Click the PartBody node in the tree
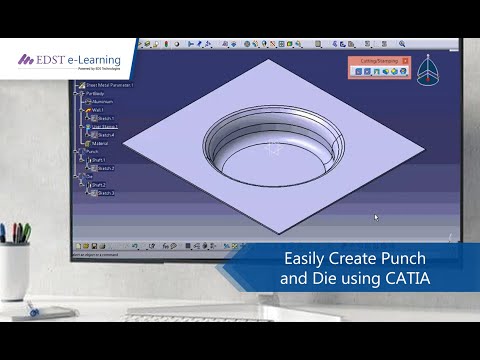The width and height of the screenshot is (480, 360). tap(96, 94)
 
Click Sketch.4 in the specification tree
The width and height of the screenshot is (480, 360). tap(104, 134)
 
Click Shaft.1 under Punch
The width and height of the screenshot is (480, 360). tap(99, 160)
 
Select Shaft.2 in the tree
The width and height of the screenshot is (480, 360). tap(99, 185)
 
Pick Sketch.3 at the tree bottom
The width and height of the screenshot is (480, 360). tap(105, 193)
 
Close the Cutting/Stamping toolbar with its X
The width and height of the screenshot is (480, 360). tap(406, 62)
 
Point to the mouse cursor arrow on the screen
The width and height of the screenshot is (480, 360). tap(376, 217)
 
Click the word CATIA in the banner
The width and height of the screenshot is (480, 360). tap(407, 278)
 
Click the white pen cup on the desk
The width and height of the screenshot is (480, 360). tap(16, 270)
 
